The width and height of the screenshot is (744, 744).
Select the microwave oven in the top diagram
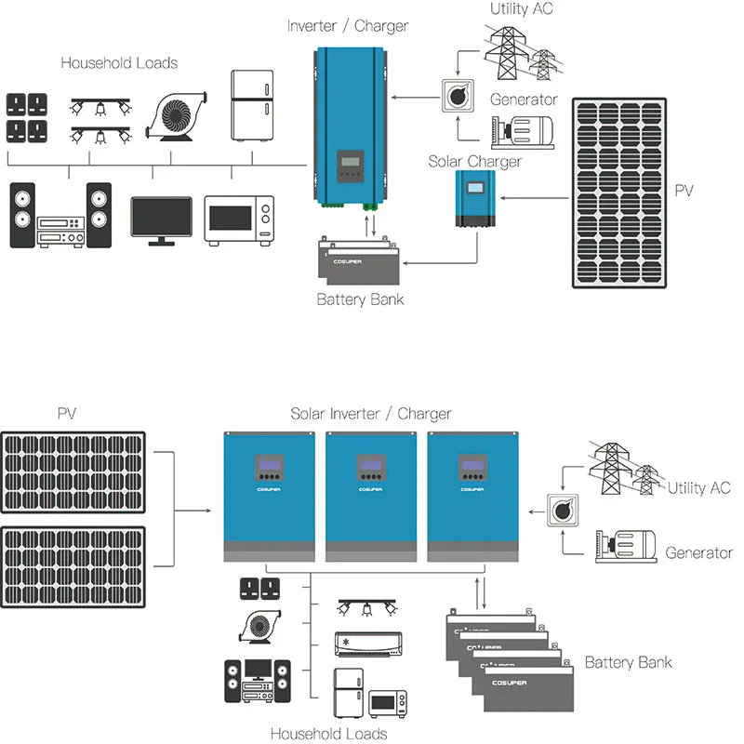[240, 219]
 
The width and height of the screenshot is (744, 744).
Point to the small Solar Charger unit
[477, 202]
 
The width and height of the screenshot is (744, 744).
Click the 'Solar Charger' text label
[474, 161]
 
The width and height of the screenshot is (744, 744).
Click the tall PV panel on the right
[619, 192]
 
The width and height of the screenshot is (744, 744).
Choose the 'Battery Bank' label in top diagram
[360, 299]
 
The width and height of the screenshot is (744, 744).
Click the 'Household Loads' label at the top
[119, 63]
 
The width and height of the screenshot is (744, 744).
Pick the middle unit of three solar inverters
[370, 495]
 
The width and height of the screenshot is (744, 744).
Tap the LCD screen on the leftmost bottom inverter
[270, 466]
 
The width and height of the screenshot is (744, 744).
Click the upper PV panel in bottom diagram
[73, 471]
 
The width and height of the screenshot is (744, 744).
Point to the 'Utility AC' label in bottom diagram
[699, 488]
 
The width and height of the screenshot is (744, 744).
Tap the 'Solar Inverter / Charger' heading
[371, 414]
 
